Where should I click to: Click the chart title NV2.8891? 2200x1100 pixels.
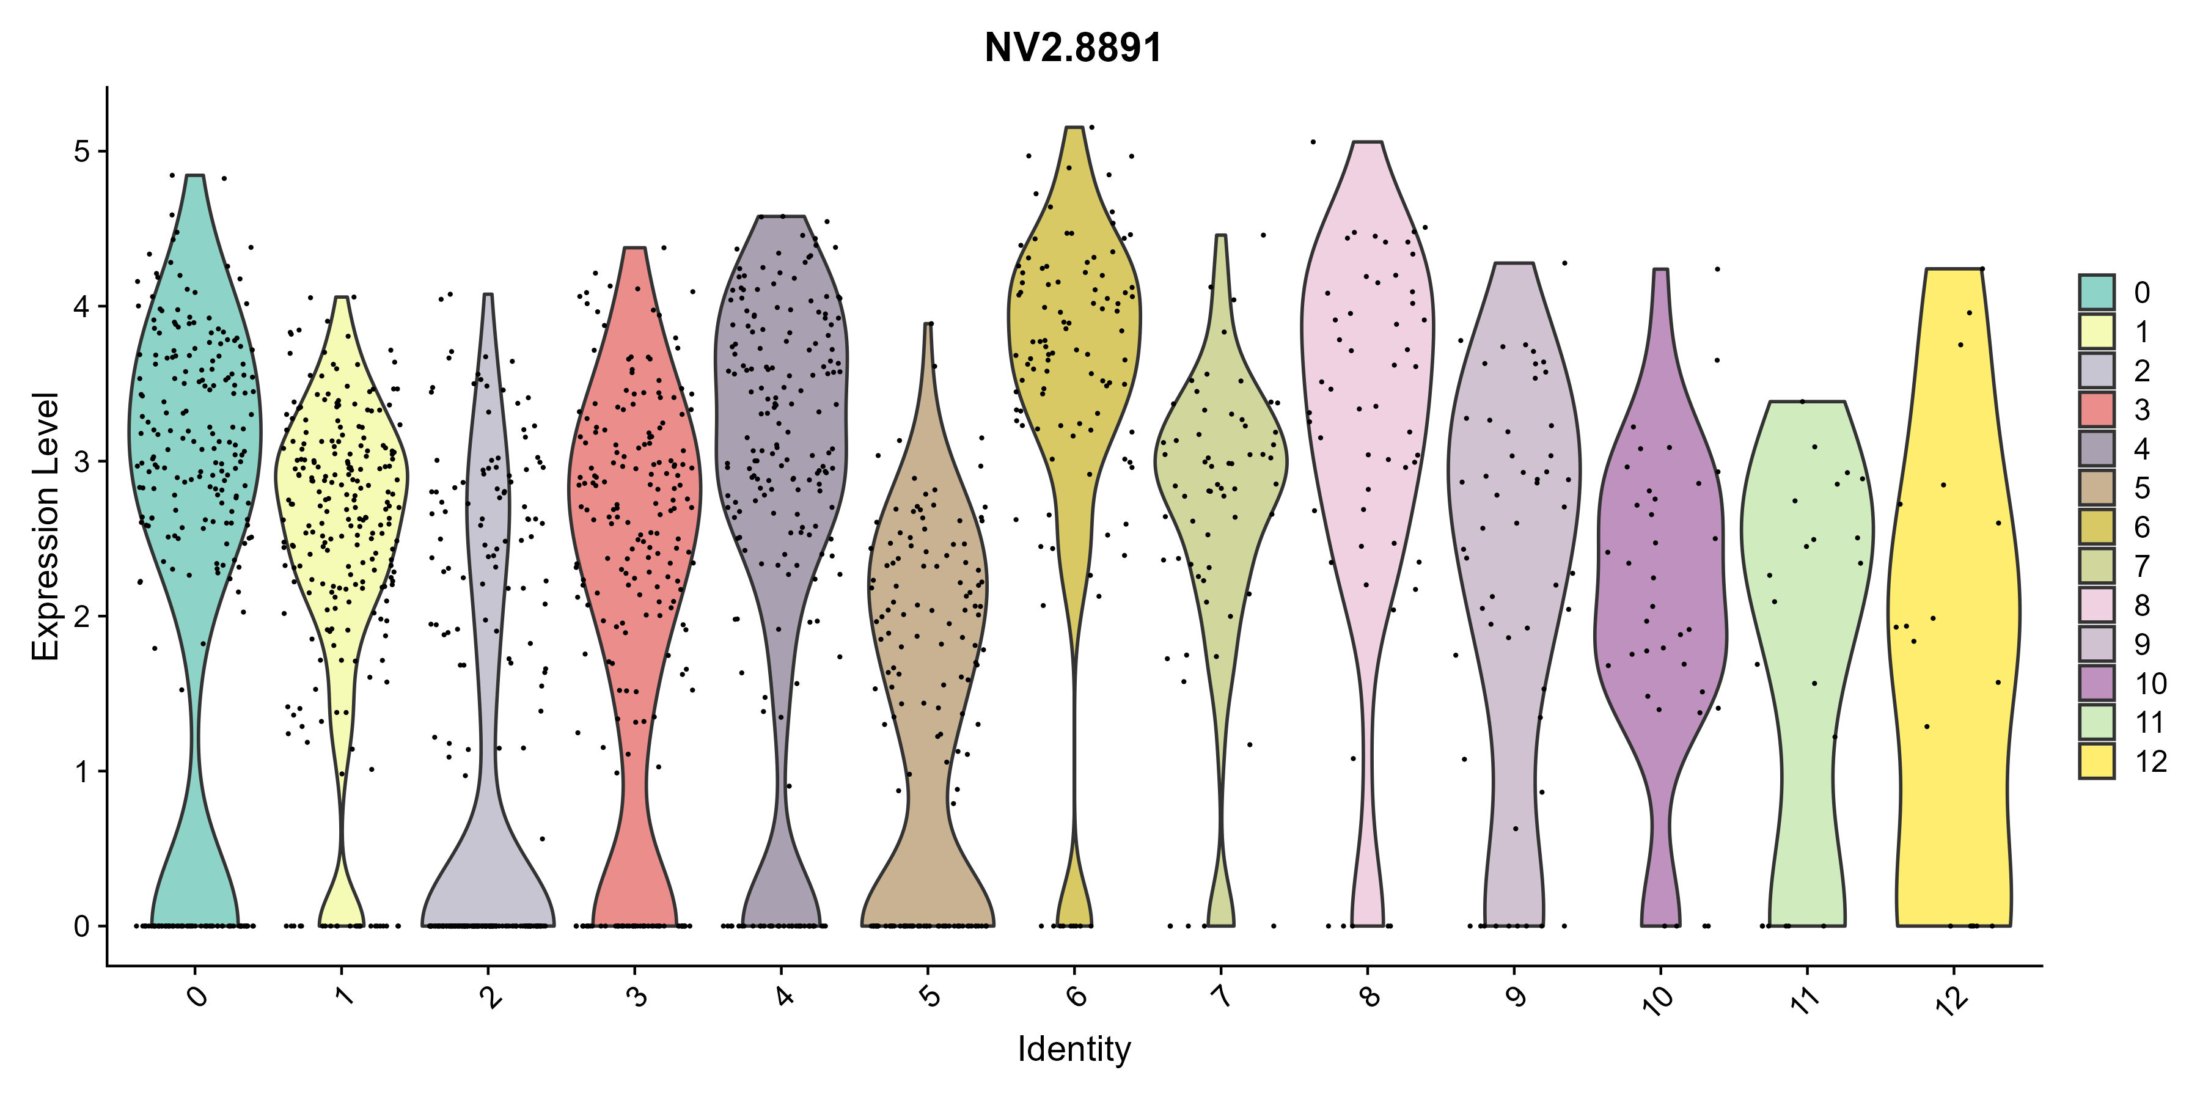pos(1074,48)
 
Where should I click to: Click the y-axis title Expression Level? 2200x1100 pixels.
pos(45,526)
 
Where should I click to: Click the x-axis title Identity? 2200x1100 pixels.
pos(1074,1049)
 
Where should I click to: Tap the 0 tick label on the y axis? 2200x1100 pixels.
pos(82,926)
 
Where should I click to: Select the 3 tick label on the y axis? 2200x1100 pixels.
pos(82,461)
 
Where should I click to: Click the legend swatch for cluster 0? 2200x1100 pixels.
pos(2097,292)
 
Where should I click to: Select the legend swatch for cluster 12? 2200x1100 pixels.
pos(2097,761)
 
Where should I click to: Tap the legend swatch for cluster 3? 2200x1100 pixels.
pos(2097,409)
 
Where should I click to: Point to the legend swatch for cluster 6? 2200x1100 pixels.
pos(2097,527)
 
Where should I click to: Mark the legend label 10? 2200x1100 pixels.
pos(2151,683)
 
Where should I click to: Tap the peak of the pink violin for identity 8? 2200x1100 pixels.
pos(1367,142)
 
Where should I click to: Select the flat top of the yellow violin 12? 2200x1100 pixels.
pos(1953,269)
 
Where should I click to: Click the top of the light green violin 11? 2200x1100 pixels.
pos(1807,402)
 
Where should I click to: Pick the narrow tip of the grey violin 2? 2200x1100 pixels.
pos(488,295)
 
